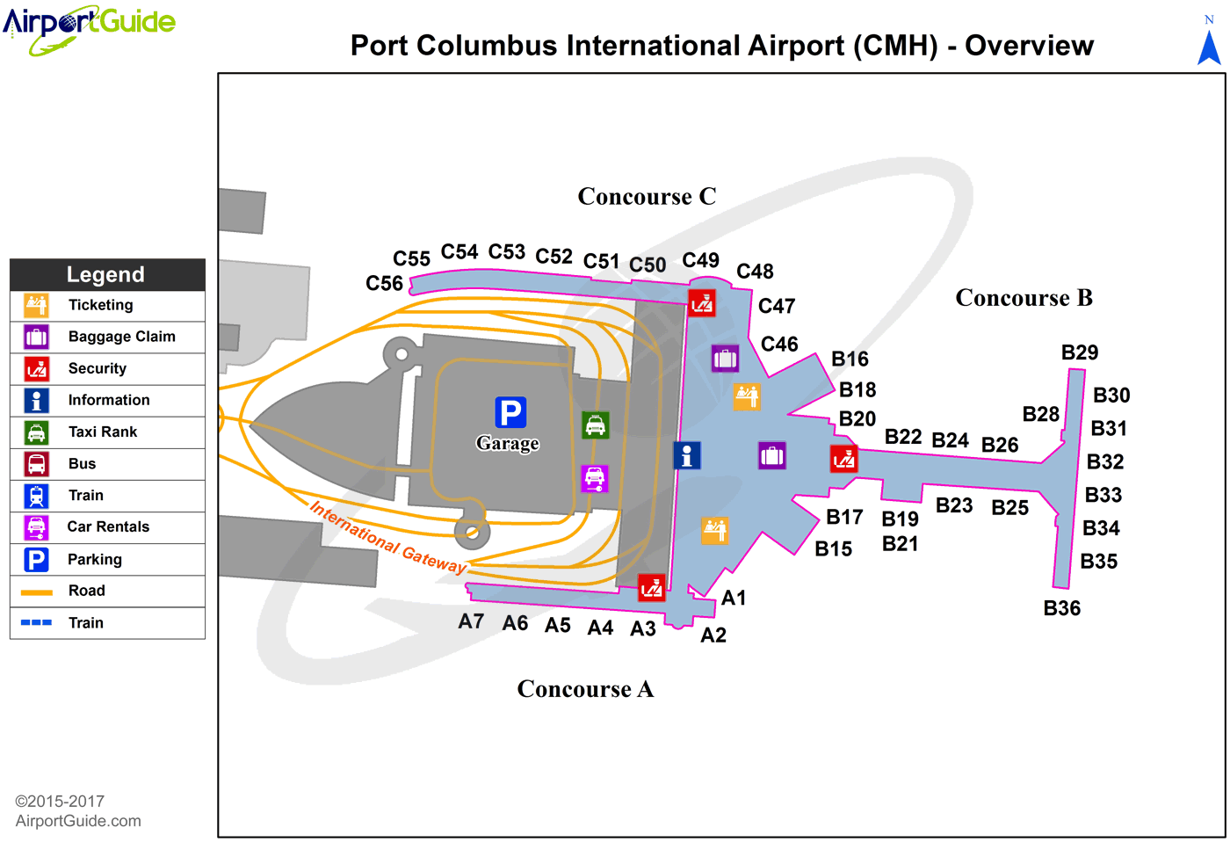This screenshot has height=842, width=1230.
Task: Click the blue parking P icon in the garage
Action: click(510, 411)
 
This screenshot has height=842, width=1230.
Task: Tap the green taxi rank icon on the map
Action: click(596, 425)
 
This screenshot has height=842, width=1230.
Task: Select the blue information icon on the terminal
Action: click(687, 455)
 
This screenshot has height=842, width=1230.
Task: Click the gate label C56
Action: click(384, 283)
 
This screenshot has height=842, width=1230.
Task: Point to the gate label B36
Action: click(1061, 608)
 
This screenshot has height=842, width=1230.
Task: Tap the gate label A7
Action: click(471, 621)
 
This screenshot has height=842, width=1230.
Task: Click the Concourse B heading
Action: click(1024, 298)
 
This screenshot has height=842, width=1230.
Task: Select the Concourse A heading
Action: click(585, 689)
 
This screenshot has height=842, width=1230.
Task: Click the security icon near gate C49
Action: click(701, 303)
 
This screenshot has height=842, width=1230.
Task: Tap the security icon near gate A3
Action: click(652, 587)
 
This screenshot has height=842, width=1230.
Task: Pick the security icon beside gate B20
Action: click(843, 459)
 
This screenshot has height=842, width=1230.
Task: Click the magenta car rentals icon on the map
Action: click(595, 478)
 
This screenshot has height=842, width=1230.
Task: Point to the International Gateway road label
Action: click(388, 538)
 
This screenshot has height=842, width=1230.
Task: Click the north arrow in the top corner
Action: click(1209, 44)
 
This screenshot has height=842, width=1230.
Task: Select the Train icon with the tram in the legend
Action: click(36, 496)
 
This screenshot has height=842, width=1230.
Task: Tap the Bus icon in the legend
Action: click(36, 464)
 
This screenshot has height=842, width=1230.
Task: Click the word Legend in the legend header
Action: click(105, 274)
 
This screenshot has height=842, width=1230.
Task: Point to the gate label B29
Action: click(1080, 352)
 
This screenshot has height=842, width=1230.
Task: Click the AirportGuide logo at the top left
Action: click(89, 26)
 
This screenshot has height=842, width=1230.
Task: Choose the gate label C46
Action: click(779, 344)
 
